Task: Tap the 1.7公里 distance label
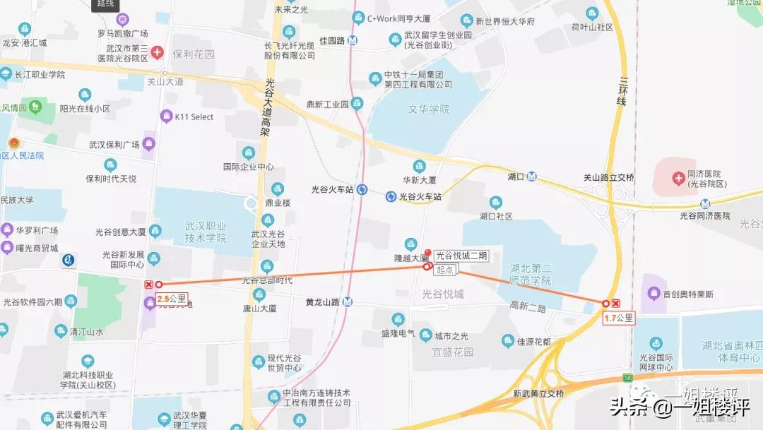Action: pyautogui.click(x=618, y=318)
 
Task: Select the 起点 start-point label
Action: pyautogui.click(x=445, y=269)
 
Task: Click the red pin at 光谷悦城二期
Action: pyautogui.click(x=427, y=253)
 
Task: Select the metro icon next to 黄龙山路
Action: pyautogui.click(x=348, y=302)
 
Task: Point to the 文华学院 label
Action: pyautogui.click(x=429, y=109)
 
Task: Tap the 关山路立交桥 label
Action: pyautogui.click(x=608, y=177)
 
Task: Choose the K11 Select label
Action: pyautogui.click(x=194, y=117)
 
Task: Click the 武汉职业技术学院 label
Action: pyautogui.click(x=206, y=232)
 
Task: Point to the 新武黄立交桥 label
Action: pyautogui.click(x=538, y=393)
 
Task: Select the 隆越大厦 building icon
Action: pyautogui.click(x=410, y=244)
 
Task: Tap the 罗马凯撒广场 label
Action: pyautogui.click(x=122, y=34)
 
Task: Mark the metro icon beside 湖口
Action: pyautogui.click(x=531, y=177)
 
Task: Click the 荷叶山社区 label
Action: pyautogui.click(x=592, y=27)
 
